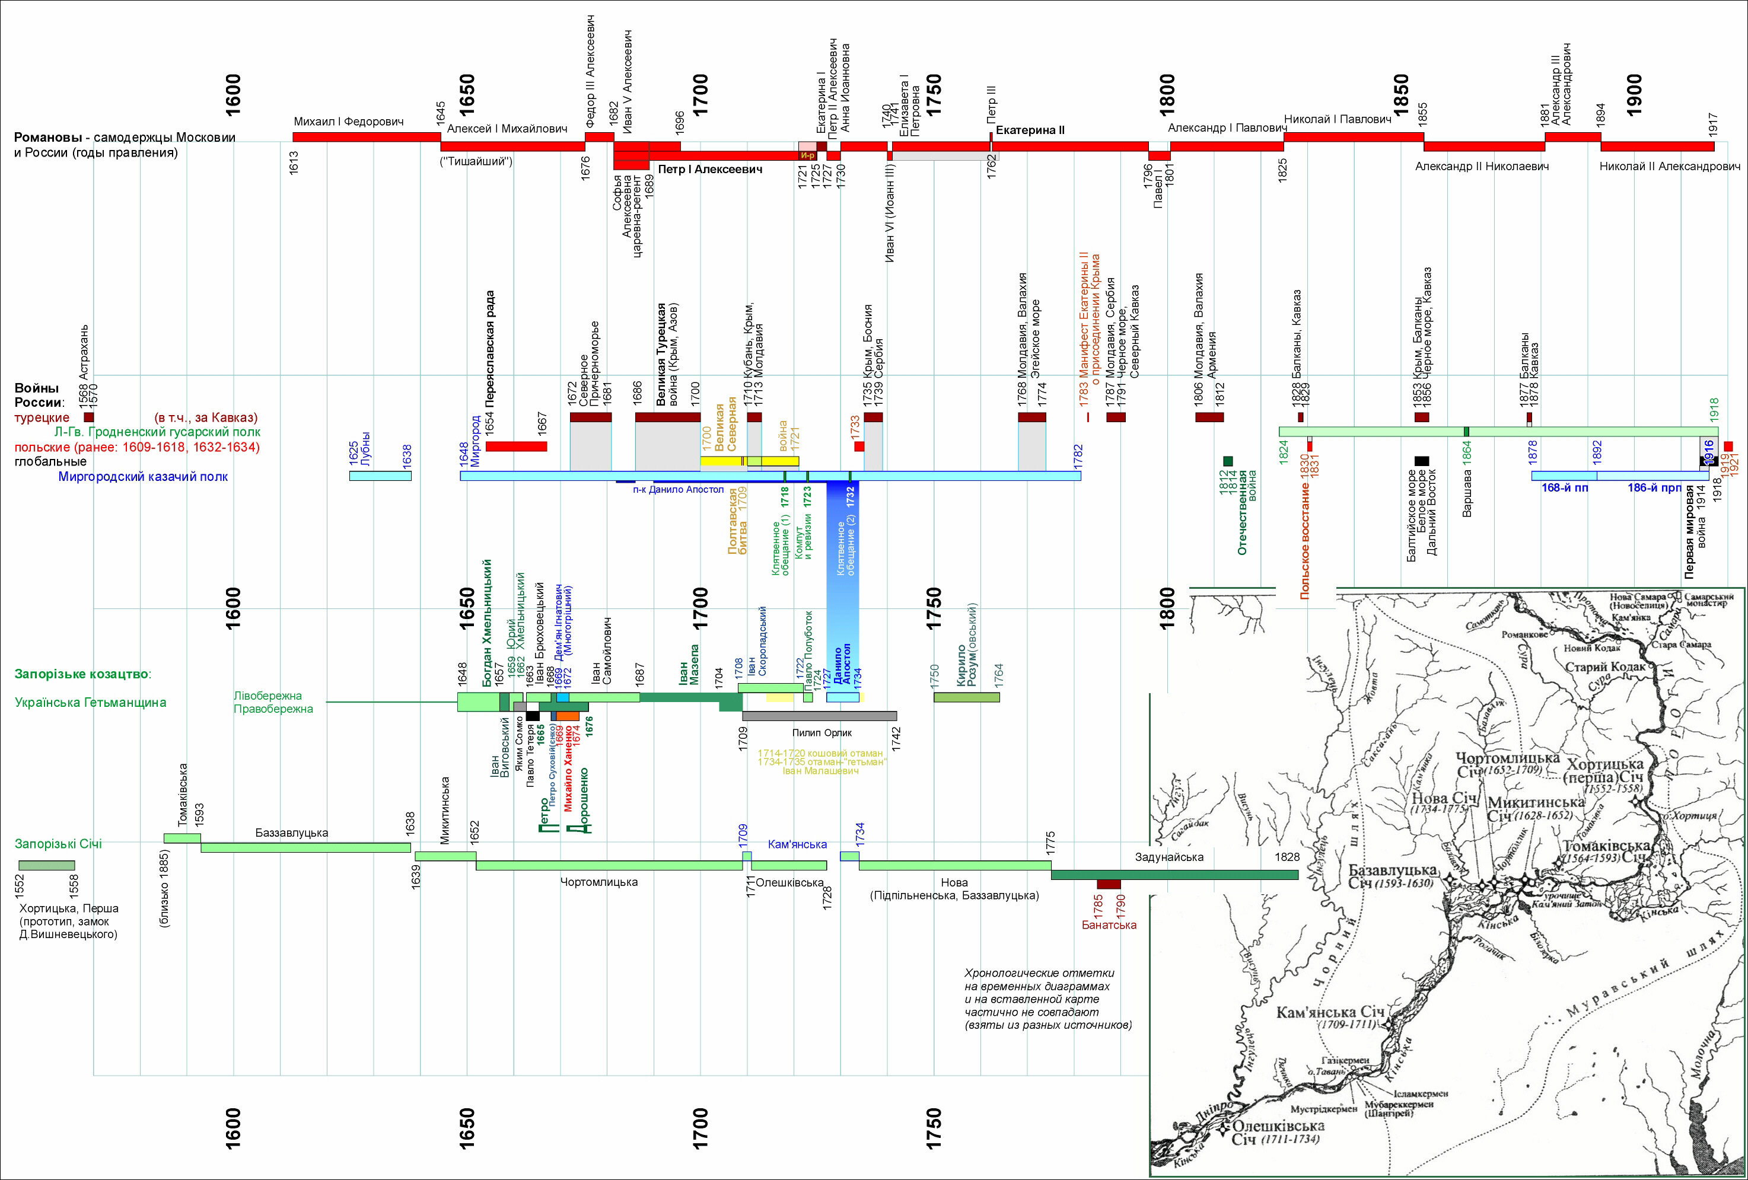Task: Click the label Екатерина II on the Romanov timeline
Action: [x=1030, y=130]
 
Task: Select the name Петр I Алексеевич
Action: [x=709, y=169]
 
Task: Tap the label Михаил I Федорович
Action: [x=348, y=122]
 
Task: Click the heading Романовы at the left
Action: [x=47, y=138]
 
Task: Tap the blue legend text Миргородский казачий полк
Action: [x=143, y=477]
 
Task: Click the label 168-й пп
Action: [x=1565, y=487]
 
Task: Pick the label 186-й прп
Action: [x=1654, y=487]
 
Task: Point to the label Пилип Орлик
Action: [x=822, y=732]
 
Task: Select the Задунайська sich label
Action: [x=1169, y=857]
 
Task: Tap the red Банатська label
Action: [x=1109, y=925]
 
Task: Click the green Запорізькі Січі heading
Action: [x=58, y=844]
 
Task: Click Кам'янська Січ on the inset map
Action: [x=1330, y=1012]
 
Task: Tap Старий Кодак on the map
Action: [x=1605, y=667]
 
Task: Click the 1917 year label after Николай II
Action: [x=1712, y=124]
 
